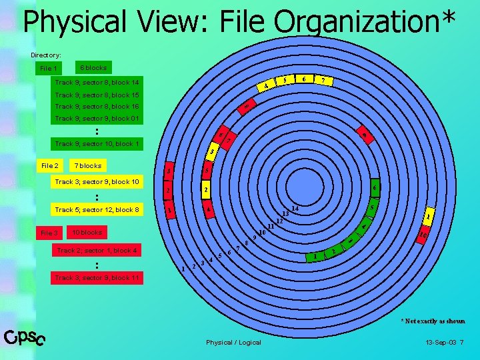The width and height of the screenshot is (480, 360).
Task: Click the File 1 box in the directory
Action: coord(49,68)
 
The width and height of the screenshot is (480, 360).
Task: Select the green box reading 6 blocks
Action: coord(94,68)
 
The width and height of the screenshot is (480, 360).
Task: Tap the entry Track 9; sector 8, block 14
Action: coord(97,83)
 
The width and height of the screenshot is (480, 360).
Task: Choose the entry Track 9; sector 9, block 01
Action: coord(97,119)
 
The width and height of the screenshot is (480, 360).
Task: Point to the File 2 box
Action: coord(50,165)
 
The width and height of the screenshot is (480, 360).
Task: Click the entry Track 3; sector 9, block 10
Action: coord(97,182)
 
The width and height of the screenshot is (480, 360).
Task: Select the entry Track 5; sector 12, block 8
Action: coord(97,210)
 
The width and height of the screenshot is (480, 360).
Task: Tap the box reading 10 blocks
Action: coord(87,232)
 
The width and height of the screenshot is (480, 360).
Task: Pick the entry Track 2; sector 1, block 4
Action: coord(97,251)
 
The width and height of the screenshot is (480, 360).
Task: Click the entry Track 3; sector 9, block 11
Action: coord(97,277)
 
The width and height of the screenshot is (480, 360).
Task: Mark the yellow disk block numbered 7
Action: coord(324,81)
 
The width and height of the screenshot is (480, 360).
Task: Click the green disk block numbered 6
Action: coord(375,187)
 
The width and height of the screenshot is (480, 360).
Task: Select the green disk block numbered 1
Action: coord(315,257)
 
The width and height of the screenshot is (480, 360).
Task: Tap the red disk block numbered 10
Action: coord(423,234)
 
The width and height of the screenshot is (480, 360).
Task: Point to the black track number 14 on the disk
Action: coord(295,209)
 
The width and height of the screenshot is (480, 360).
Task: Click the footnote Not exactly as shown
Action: coord(433,321)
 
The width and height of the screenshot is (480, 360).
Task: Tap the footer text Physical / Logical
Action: coord(233,343)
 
